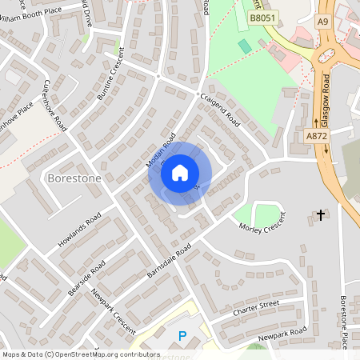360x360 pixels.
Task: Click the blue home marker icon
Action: tap(180, 172)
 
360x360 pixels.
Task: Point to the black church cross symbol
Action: tap(321, 215)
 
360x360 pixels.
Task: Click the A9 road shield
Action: tap(322, 22)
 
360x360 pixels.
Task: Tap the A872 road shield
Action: tap(317, 136)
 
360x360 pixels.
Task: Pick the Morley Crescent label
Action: tap(262, 225)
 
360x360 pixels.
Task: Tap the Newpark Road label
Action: tap(283, 334)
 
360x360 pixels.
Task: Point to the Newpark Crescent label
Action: tap(114, 316)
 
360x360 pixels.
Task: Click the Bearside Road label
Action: tap(86, 278)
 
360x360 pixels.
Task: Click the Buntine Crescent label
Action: tap(112, 75)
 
